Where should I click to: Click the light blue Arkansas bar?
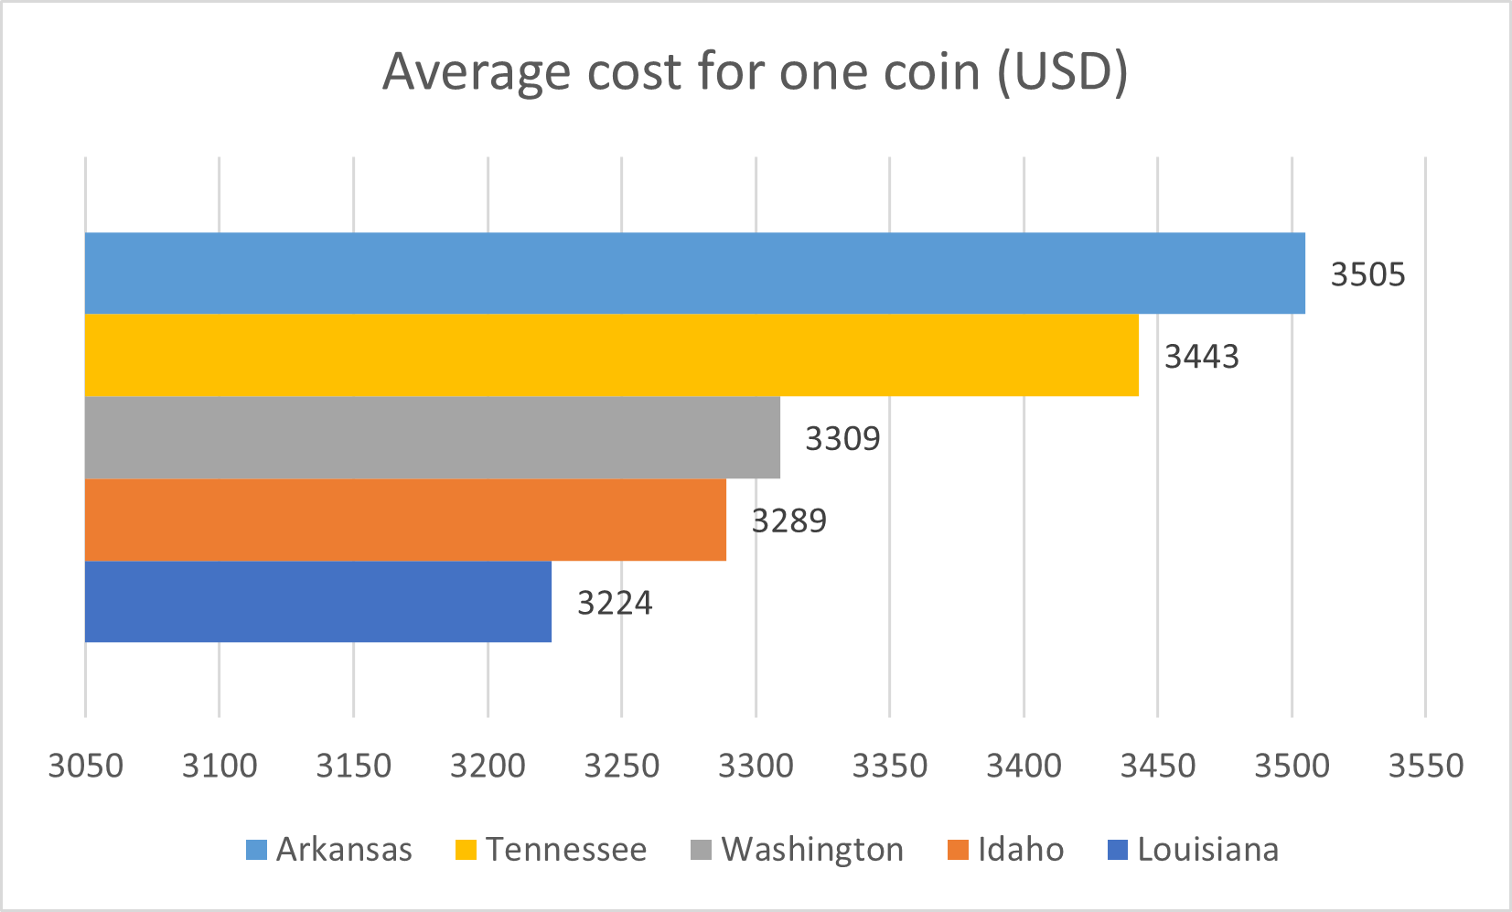point(695,273)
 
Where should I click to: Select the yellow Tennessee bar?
point(611,355)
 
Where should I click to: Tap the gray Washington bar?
point(432,437)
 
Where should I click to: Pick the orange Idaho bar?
point(405,520)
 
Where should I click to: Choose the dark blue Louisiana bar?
point(317,602)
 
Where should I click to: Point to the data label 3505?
point(1367,274)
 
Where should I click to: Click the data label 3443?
point(1201,357)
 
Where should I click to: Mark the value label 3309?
point(842,439)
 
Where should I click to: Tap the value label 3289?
point(788,521)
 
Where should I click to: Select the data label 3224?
point(615,604)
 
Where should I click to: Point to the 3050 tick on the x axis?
point(85,766)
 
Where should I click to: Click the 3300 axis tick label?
point(756,766)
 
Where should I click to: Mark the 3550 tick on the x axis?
point(1425,766)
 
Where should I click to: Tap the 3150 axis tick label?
point(353,766)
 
